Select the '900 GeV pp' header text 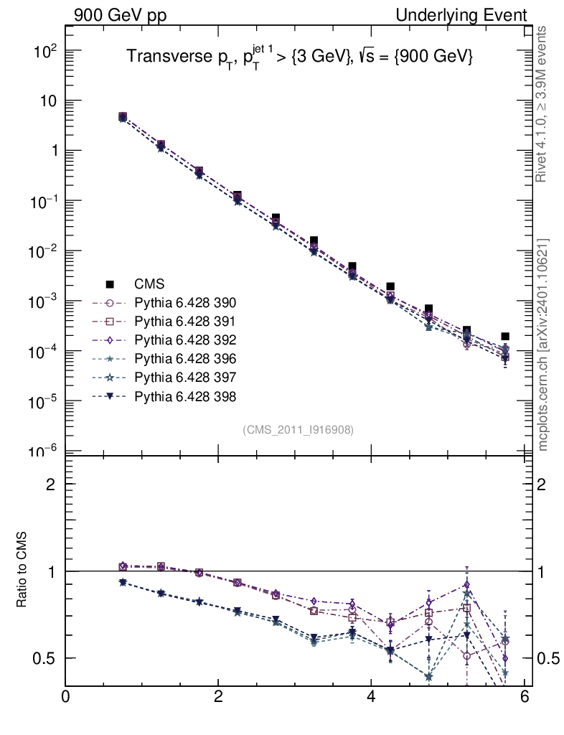(x=119, y=15)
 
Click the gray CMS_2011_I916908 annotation (x=299, y=429)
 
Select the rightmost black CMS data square (x=505, y=336)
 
